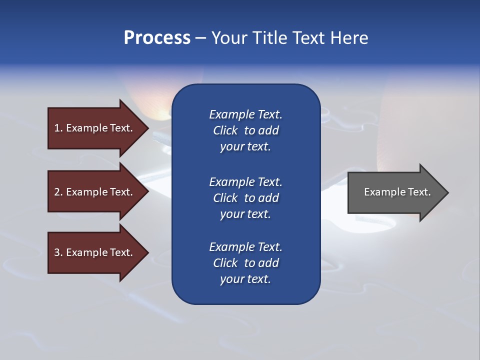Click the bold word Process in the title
point(157,38)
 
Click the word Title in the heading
point(269,38)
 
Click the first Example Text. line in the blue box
point(245,114)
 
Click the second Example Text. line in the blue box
point(245,181)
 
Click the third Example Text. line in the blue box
point(245,247)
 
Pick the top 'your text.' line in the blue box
point(245,147)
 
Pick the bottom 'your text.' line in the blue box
point(245,279)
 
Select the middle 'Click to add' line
point(245,198)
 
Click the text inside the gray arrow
point(397,192)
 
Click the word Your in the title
point(230,38)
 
